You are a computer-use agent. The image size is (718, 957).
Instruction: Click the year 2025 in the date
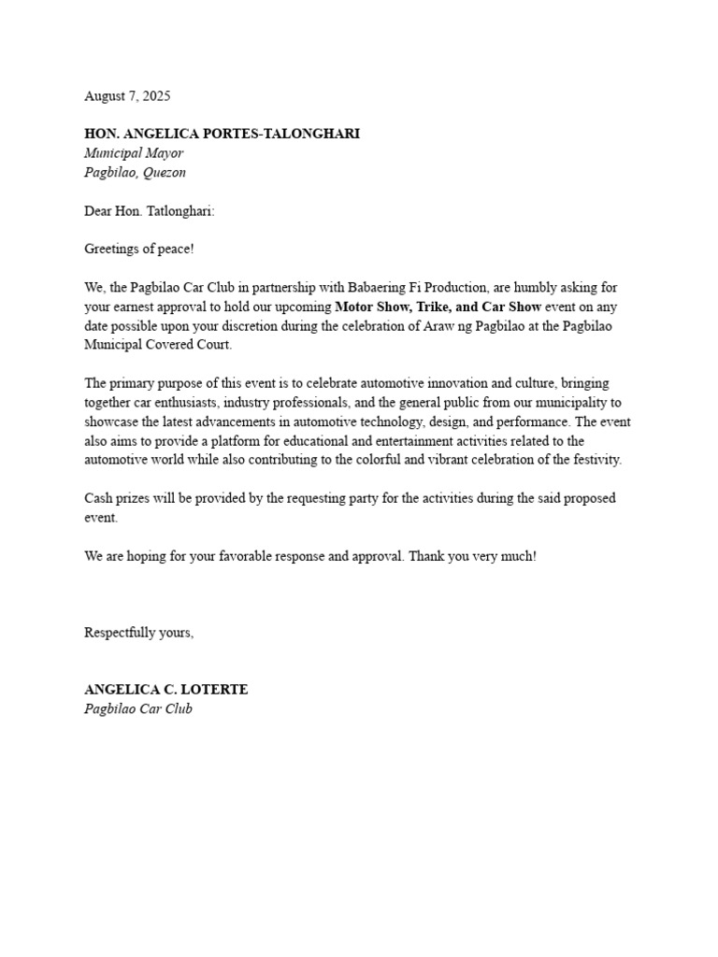155,96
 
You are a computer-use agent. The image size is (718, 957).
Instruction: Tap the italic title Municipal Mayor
134,153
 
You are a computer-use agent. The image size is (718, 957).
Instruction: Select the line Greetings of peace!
139,250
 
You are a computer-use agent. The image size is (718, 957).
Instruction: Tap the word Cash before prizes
100,498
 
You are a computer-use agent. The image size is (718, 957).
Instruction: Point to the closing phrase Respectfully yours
138,633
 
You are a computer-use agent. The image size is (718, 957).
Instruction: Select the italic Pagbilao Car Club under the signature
138,708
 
